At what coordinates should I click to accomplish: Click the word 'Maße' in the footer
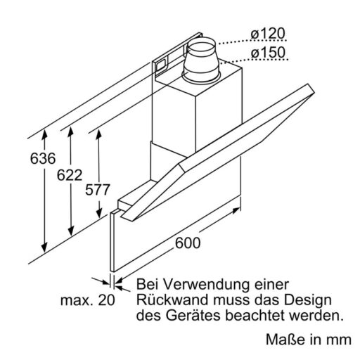click(285, 341)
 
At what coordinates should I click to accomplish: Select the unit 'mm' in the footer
click(338, 341)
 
